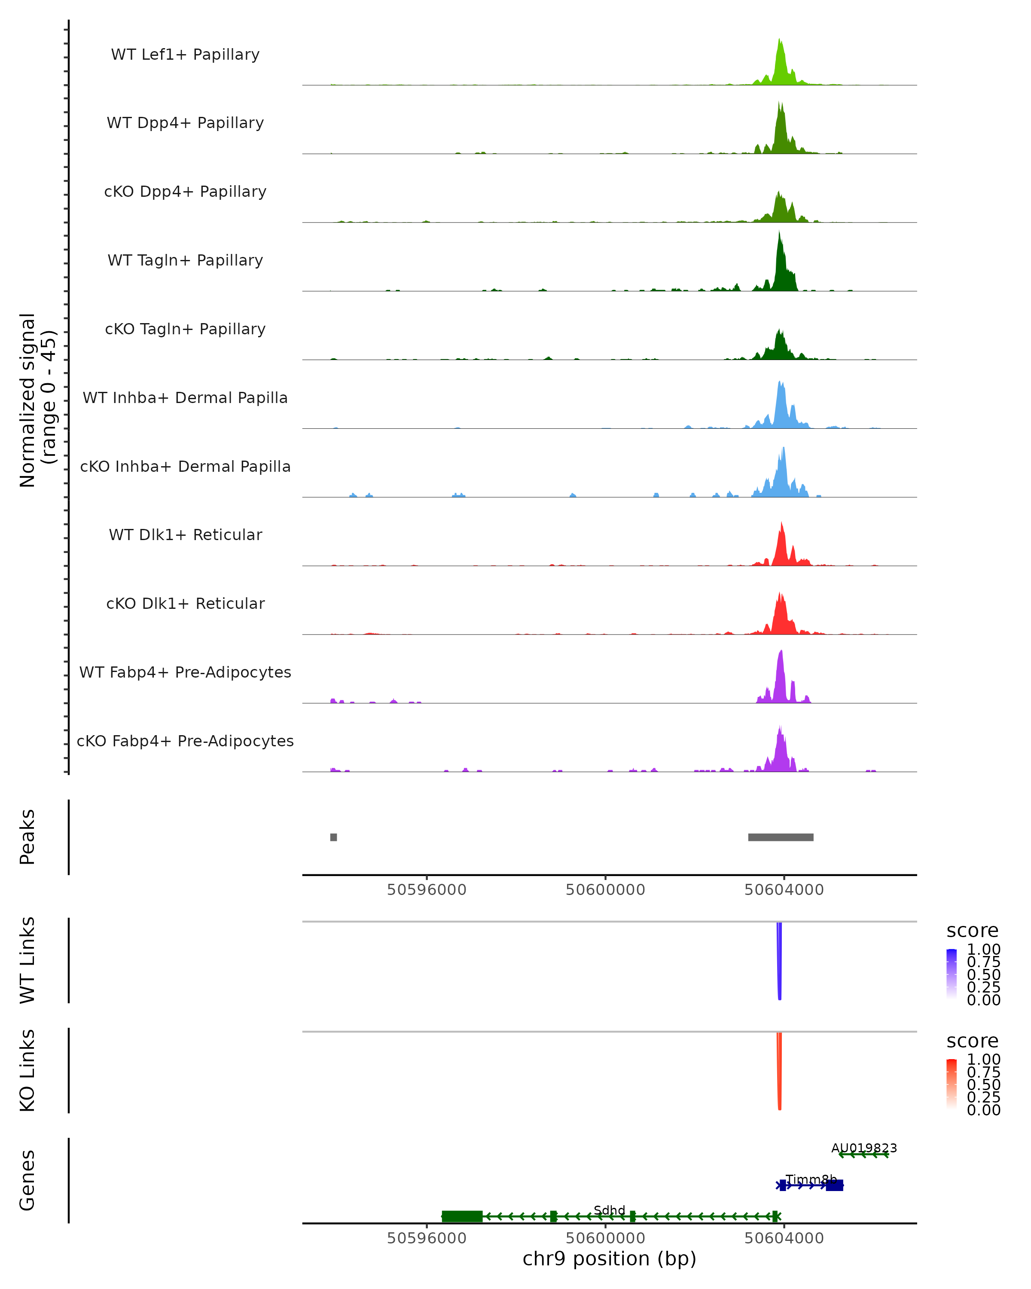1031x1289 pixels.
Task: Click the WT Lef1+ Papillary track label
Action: coord(185,55)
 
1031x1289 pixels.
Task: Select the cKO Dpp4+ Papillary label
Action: coord(185,192)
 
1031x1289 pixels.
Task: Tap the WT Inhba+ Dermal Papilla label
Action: coord(185,398)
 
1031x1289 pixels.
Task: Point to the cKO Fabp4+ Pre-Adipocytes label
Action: coord(185,741)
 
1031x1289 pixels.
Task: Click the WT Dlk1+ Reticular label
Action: coord(185,535)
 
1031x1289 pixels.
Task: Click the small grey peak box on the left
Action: coord(333,837)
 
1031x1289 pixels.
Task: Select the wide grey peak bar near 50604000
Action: coord(781,837)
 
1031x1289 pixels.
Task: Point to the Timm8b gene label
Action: coord(811,1179)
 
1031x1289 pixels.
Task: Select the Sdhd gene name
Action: coord(610,1210)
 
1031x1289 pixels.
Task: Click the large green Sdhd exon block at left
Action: coord(462,1217)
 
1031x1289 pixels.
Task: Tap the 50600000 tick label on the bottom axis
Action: coord(605,1237)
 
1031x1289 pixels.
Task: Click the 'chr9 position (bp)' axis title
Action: coord(610,1259)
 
